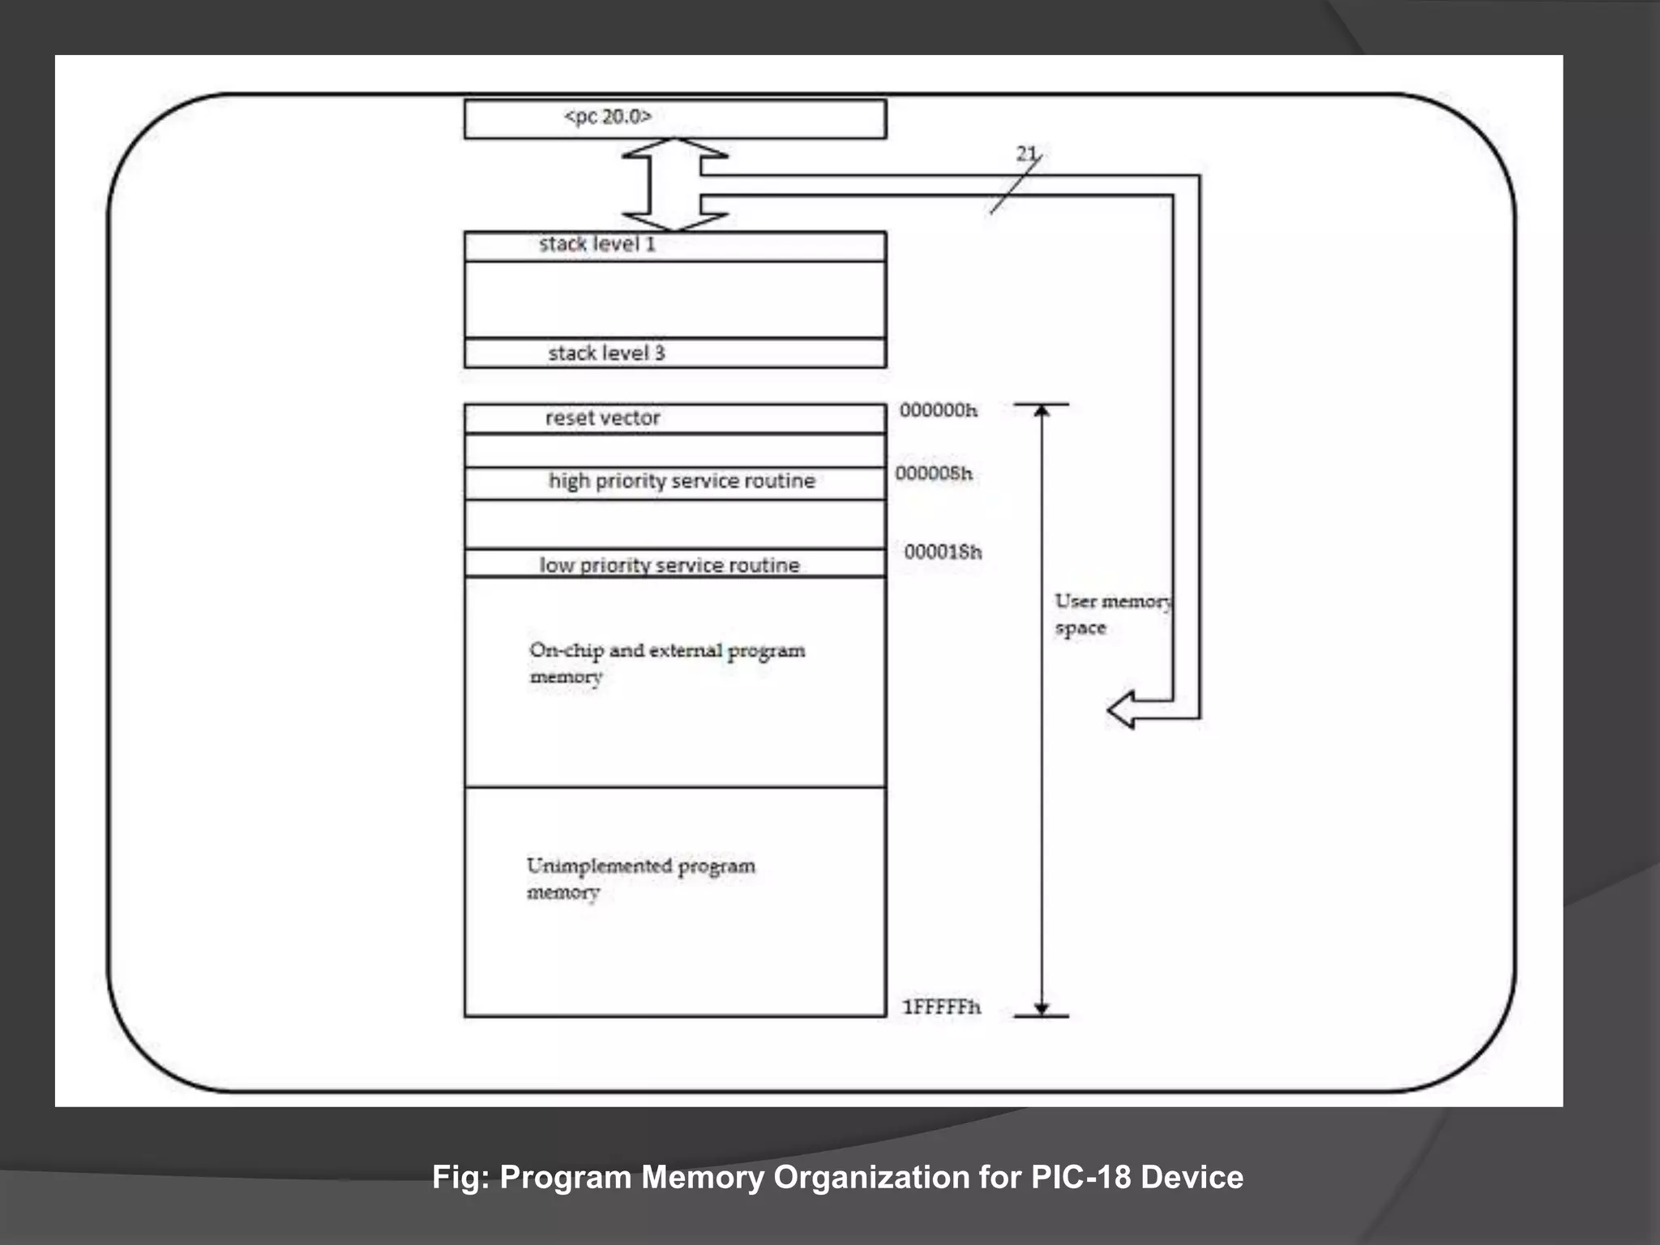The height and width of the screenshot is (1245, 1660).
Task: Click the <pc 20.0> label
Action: (x=607, y=117)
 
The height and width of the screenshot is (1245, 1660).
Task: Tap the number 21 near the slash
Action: (x=1026, y=153)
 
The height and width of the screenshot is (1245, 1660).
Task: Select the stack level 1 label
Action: (x=597, y=244)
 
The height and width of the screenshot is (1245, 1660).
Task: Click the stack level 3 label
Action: (x=606, y=353)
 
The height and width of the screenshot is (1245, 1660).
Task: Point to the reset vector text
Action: (x=602, y=418)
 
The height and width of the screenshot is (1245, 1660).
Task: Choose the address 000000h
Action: (x=938, y=410)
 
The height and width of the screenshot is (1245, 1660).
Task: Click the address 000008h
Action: (x=933, y=473)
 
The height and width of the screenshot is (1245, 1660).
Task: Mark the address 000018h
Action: (x=943, y=552)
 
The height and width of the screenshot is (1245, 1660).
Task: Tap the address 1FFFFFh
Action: (x=941, y=1007)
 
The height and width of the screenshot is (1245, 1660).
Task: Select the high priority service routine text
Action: (x=682, y=481)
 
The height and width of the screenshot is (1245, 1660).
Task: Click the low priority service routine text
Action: (x=670, y=565)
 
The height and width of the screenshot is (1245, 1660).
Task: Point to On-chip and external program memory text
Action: (x=666, y=662)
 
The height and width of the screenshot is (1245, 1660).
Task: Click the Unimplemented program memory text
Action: (x=640, y=878)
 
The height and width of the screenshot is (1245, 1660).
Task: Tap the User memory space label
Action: (x=1110, y=614)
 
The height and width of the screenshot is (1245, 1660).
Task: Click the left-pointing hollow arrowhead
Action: (x=1122, y=710)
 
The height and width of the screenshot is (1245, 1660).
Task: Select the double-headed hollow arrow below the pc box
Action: (x=674, y=185)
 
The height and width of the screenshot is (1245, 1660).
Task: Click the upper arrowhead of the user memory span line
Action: (x=1042, y=411)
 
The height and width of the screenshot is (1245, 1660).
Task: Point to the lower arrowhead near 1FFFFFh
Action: (x=1042, y=1008)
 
